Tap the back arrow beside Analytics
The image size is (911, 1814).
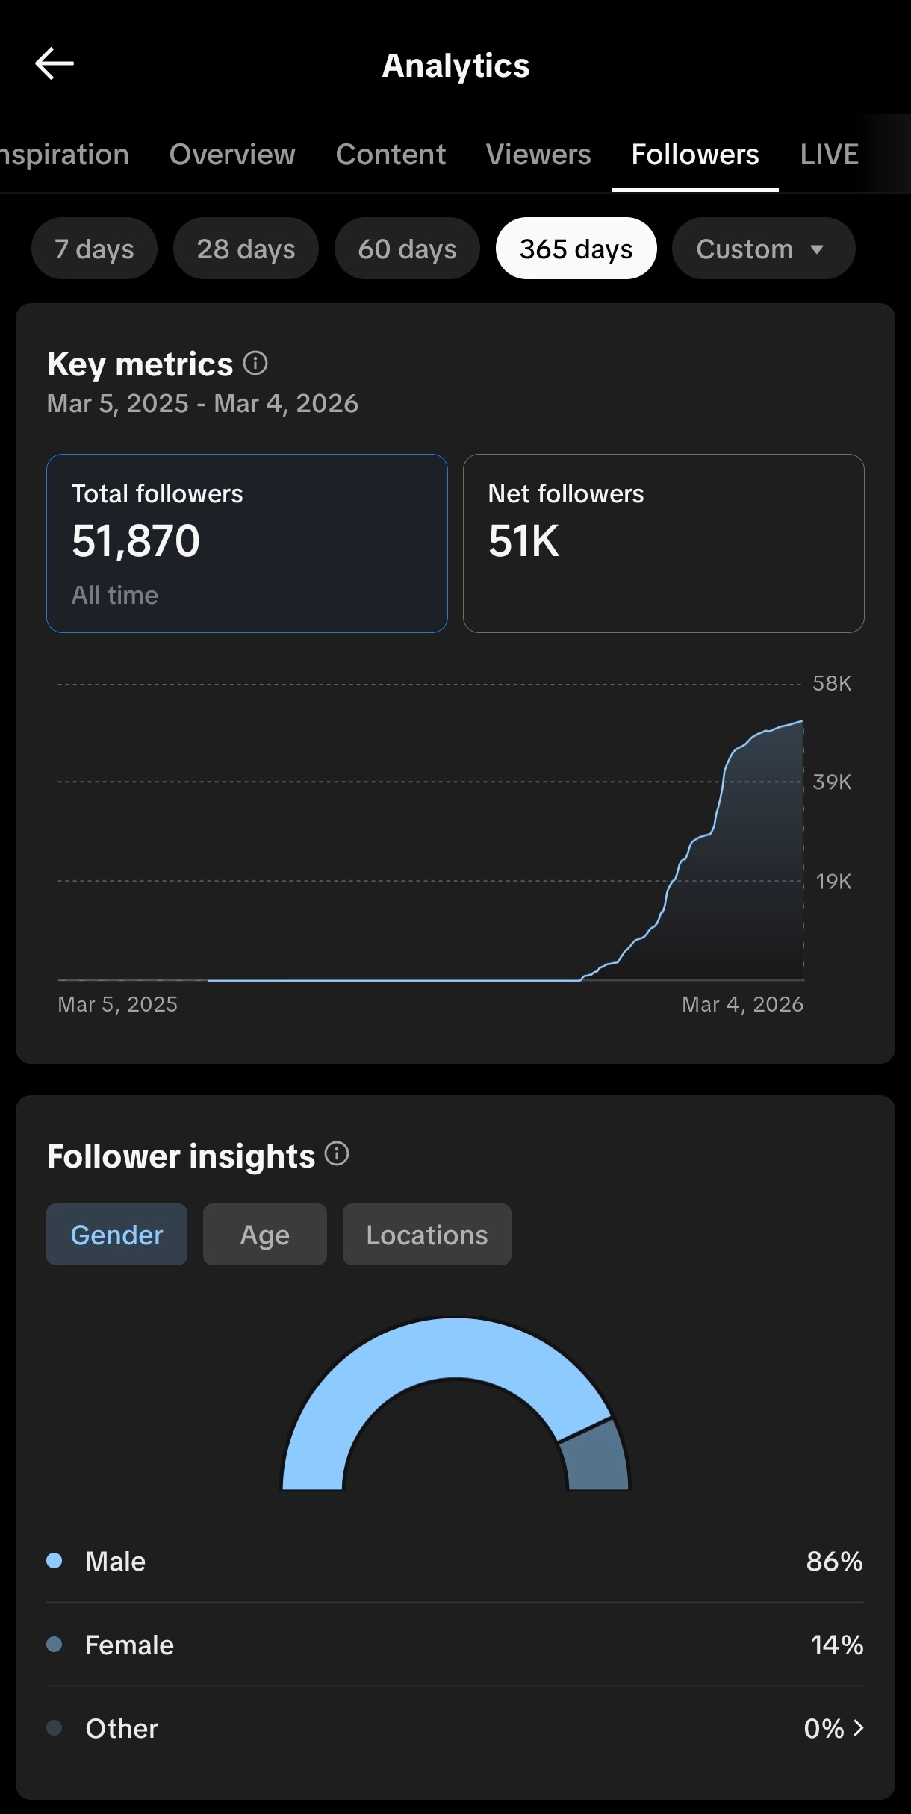[55, 64]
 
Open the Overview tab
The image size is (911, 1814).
[232, 155]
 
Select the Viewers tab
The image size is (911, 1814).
[538, 155]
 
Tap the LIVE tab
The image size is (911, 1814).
[829, 155]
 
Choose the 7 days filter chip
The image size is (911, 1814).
[94, 249]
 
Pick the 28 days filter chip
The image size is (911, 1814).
[246, 249]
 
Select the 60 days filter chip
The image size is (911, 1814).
[407, 249]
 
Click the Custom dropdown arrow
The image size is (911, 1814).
[817, 249]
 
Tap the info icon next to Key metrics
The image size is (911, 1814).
[255, 364]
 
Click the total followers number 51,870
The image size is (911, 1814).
[136, 540]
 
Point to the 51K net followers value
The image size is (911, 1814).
[523, 540]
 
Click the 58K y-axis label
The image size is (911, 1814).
[832, 683]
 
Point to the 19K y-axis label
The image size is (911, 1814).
[833, 882]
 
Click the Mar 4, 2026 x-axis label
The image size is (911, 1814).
[742, 1004]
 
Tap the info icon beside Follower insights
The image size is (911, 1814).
[337, 1154]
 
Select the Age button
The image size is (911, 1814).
[264, 1235]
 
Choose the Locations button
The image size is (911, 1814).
[426, 1235]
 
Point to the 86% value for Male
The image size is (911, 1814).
[834, 1561]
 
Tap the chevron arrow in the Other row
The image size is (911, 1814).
[859, 1728]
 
